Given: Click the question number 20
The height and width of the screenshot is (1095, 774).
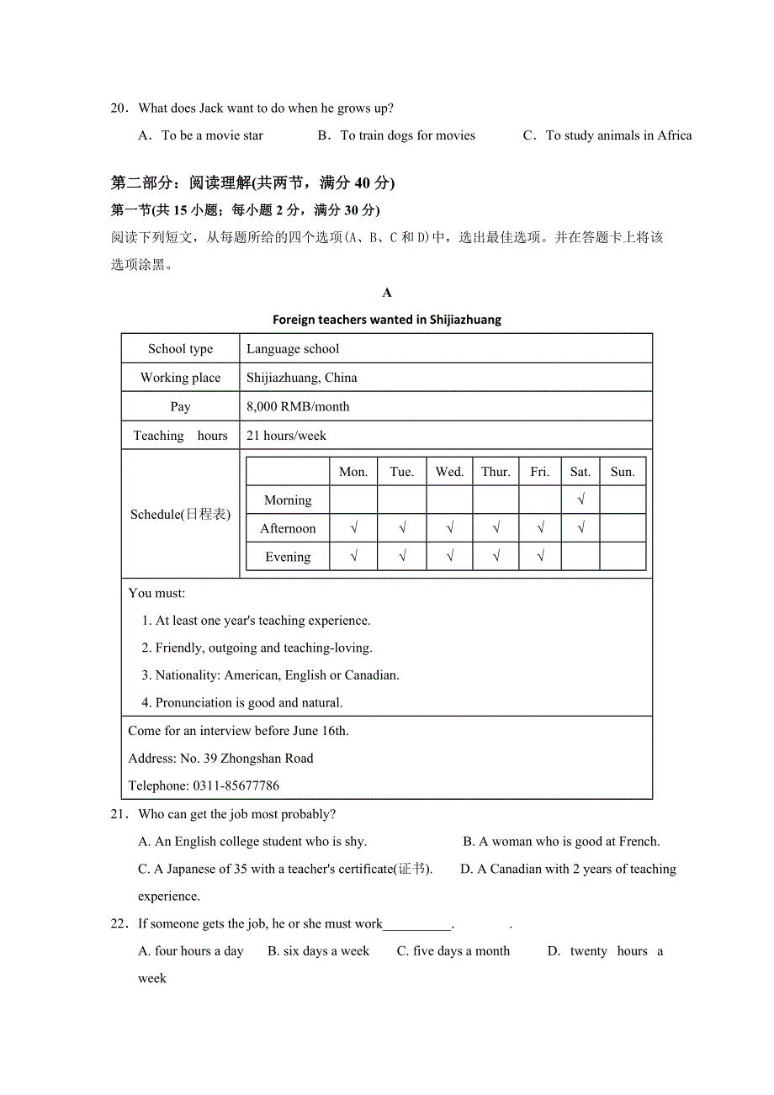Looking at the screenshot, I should coord(119,108).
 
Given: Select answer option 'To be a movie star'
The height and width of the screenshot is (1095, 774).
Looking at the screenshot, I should coord(212,135).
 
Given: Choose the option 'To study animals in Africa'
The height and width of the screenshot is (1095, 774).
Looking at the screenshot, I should coord(618,135).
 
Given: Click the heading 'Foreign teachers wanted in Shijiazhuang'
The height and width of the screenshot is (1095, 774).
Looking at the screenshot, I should coord(386,320).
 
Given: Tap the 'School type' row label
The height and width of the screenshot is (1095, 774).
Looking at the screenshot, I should coord(180,349).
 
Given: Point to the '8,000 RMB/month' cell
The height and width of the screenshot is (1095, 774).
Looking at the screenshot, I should coord(298,407).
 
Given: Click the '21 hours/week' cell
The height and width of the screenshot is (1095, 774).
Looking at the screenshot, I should coord(286,436).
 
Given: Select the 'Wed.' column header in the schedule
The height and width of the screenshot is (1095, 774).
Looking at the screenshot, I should coord(449,472).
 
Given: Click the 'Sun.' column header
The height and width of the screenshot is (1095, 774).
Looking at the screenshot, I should coord(623,472).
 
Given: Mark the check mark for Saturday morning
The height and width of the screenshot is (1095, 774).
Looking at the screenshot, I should coord(580,500).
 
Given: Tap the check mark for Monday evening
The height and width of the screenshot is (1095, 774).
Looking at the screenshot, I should coord(353,556).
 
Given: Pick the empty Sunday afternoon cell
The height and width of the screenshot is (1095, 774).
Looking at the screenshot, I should coord(623,528).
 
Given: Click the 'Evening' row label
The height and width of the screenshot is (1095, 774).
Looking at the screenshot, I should coord(288,557).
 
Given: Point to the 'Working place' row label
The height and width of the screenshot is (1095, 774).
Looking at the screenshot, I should coord(180,378).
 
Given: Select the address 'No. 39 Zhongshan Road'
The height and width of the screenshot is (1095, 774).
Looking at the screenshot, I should coord(246,759).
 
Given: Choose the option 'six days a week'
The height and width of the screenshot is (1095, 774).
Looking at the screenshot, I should coord(319,951).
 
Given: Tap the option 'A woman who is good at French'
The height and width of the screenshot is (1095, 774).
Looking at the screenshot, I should coord(561,841).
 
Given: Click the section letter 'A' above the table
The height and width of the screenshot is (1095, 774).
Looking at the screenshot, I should coord(387,293).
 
